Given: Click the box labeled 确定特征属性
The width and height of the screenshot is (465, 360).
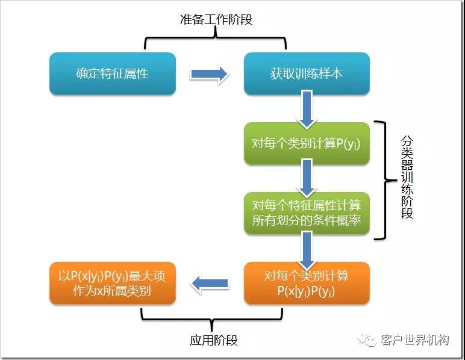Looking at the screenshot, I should tap(112, 73).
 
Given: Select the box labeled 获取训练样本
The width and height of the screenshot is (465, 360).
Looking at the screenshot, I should tap(307, 73).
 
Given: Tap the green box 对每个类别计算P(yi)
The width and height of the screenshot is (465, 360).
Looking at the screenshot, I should tap(307, 143).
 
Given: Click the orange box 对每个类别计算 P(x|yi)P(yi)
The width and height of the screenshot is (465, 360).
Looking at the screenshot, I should tap(307, 283).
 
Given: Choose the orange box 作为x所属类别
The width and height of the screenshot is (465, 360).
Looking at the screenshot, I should tap(112, 283).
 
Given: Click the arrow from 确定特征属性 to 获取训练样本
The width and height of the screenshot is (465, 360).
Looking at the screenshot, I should tap(209, 74).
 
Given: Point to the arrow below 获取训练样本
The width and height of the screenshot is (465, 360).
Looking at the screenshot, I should tap(307, 109).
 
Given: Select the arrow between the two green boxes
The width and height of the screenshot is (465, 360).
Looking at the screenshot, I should tap(307, 178).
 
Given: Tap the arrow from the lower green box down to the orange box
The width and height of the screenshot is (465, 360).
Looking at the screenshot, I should tap(307, 248).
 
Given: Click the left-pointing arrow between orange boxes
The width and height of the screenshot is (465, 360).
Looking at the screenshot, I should tap(210, 283).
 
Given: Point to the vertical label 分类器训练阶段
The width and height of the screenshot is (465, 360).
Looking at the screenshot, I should tap(408, 178).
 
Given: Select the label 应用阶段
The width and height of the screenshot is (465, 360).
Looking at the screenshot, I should tap(213, 340).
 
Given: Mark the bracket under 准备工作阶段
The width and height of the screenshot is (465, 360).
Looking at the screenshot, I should tap(216, 40).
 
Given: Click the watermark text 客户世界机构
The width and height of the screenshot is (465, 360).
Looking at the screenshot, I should tap(415, 341).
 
